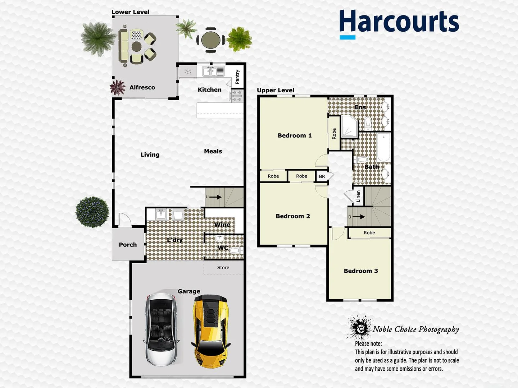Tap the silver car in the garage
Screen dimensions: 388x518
coord(162,329)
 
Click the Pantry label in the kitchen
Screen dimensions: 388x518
coord(237,77)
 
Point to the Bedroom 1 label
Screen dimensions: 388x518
coord(295,135)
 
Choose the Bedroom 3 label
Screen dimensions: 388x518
coord(361,271)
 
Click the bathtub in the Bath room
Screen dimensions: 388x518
coord(383,148)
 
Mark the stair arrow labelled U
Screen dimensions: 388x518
coord(214,197)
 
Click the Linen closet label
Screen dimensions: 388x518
coord(358,196)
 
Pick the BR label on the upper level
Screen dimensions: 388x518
coord(322,176)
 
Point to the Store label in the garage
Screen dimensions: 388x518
coord(223,268)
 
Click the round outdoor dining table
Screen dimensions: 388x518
coord(211,40)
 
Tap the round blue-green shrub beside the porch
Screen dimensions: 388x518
coord(92,212)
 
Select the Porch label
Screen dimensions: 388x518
coord(128,245)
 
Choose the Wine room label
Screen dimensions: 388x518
coord(222,225)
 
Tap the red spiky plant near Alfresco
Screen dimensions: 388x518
coord(117,87)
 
